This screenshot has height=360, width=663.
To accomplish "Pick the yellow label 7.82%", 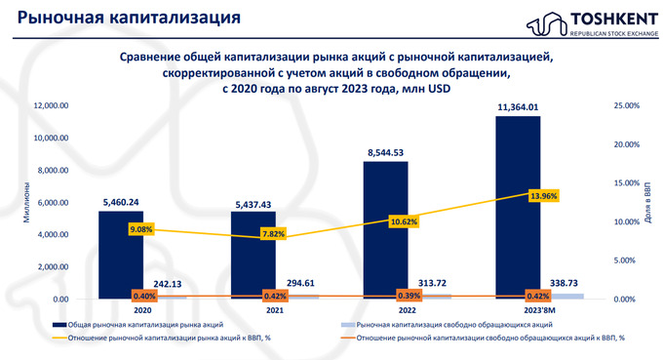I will tap(274, 234).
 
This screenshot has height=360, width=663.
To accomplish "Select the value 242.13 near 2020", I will tap(168, 284).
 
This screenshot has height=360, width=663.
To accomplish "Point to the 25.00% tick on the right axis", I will tap(624, 105).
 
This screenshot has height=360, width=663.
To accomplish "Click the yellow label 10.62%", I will tap(408, 221).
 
